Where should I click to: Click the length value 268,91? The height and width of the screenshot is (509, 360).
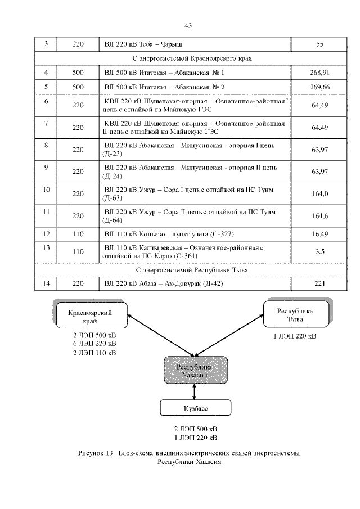click(x=319, y=73)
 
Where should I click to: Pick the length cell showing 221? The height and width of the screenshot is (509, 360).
click(x=319, y=283)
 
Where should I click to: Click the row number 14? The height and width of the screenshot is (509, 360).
click(x=46, y=283)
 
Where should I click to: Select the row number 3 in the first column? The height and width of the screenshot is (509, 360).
click(x=46, y=43)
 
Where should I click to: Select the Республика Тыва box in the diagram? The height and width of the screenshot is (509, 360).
click(x=294, y=315)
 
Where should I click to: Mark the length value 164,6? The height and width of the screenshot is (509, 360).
click(x=319, y=215)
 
